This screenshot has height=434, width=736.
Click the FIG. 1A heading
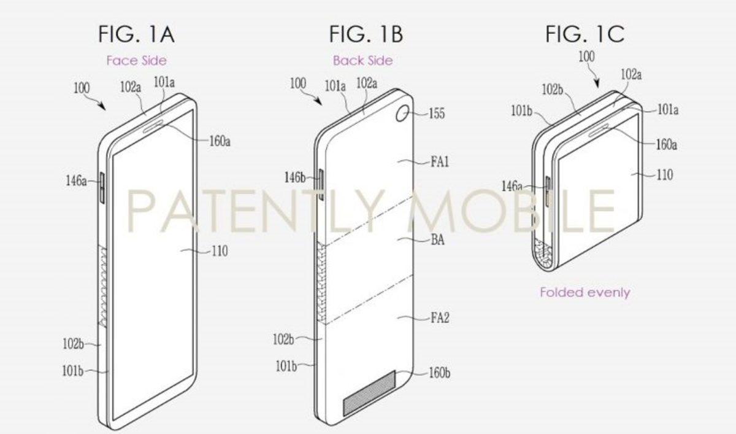[x=136, y=34]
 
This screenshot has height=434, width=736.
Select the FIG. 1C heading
[x=585, y=34]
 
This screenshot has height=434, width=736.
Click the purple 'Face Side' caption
[x=136, y=60]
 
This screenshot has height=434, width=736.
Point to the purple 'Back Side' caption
[x=362, y=60]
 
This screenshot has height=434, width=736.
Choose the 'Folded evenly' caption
[x=585, y=292]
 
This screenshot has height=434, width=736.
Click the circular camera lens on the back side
[x=404, y=114]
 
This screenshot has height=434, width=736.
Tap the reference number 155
[x=437, y=114]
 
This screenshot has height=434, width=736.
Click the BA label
[x=438, y=239]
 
